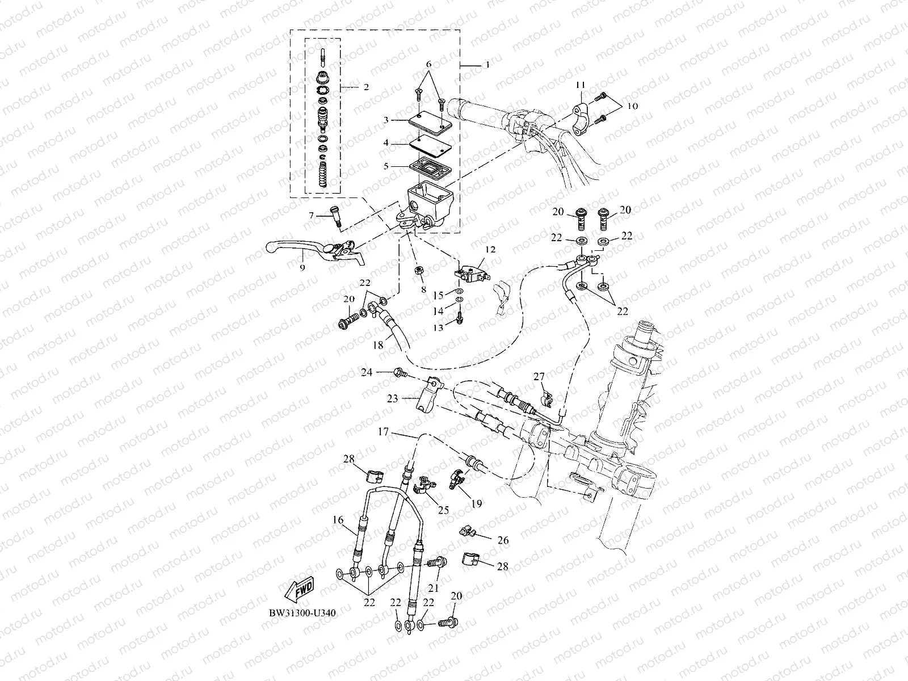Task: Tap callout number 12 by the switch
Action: coord(490,249)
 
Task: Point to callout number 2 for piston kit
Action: coord(365,87)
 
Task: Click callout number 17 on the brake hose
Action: coord(384,432)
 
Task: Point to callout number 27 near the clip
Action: coord(539,376)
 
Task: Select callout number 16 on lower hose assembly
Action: coord(338,519)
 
